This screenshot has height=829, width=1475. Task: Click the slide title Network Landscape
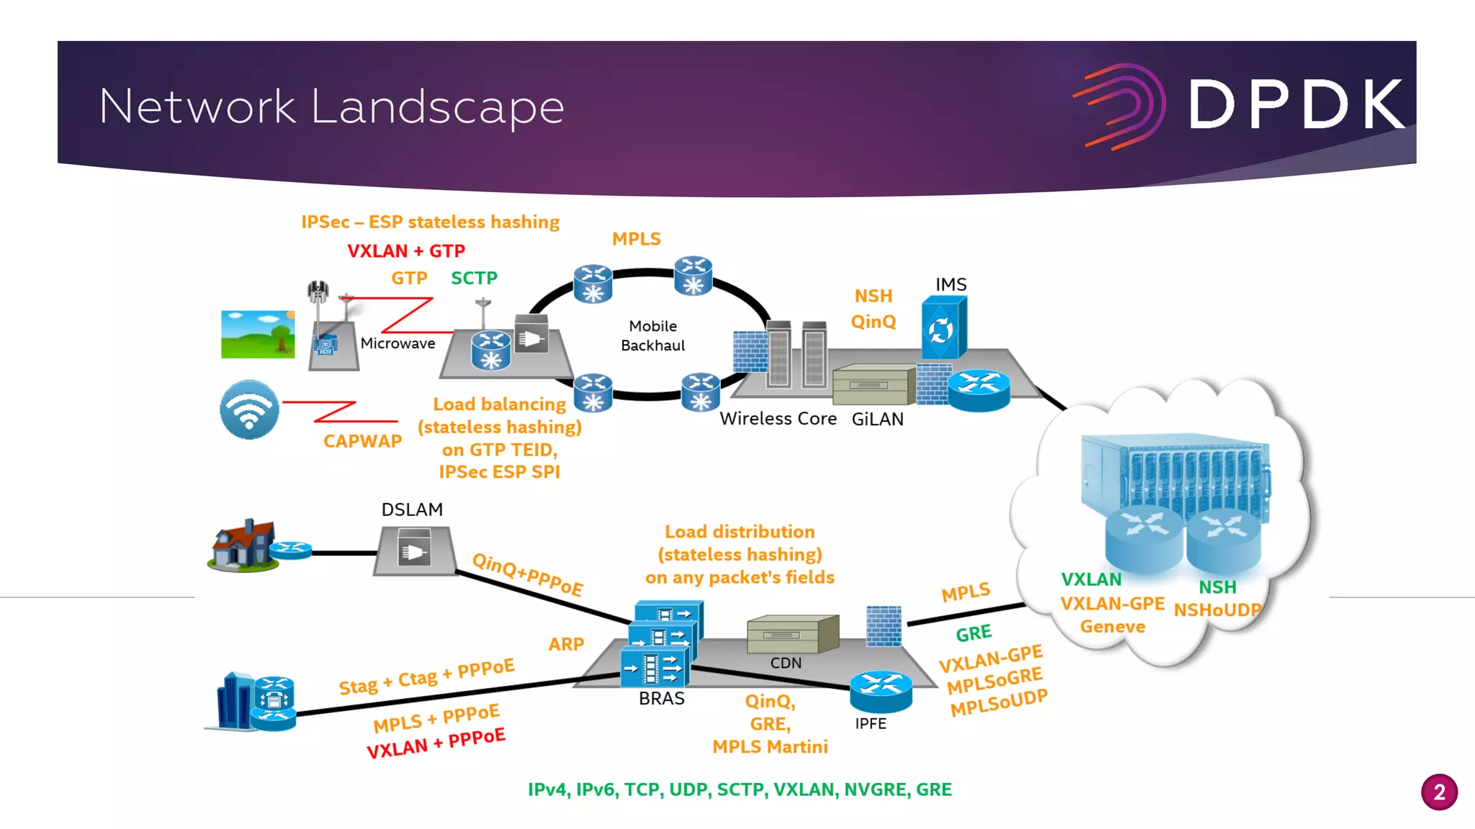pyautogui.click(x=331, y=107)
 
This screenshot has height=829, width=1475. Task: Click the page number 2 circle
pyautogui.click(x=1439, y=792)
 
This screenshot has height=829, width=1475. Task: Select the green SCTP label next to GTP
pyautogui.click(x=474, y=278)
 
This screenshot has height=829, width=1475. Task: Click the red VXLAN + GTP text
pyautogui.click(x=406, y=251)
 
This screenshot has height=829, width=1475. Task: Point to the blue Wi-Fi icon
pyautogui.click(x=249, y=409)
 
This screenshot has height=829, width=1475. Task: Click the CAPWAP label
pyautogui.click(x=362, y=441)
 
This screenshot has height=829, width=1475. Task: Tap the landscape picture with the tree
pyautogui.click(x=258, y=335)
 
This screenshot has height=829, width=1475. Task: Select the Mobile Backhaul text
pyautogui.click(x=653, y=335)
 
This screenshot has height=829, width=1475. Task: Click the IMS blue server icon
pyautogui.click(x=943, y=329)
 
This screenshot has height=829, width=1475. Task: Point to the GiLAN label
pyautogui.click(x=877, y=420)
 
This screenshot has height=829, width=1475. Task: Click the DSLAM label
pyautogui.click(x=412, y=509)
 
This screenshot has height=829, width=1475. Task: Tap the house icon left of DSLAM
pyautogui.click(x=243, y=545)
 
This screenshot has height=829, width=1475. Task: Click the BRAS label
pyautogui.click(x=661, y=699)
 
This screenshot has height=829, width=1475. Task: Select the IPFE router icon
pyautogui.click(x=881, y=691)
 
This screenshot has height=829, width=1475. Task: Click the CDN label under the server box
pyautogui.click(x=786, y=663)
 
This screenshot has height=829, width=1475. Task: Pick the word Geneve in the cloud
pyautogui.click(x=1112, y=627)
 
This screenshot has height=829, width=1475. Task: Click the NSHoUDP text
pyautogui.click(x=1217, y=610)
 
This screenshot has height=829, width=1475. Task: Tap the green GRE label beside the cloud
pyautogui.click(x=974, y=633)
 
